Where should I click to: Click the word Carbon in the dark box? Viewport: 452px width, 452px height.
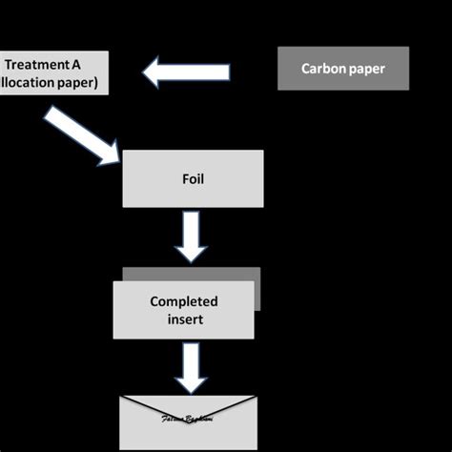[324, 69]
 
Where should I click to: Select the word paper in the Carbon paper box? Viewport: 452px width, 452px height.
[367, 69]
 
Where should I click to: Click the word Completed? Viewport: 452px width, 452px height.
[184, 301]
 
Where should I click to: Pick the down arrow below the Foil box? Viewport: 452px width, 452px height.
[192, 236]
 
